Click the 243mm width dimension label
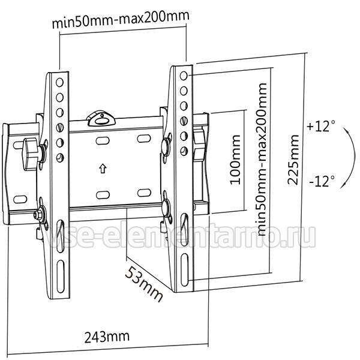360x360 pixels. point(107,337)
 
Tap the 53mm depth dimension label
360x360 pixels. point(144,284)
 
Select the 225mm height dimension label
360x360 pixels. point(293,160)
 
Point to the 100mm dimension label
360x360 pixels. point(235,160)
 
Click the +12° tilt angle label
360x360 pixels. point(321,126)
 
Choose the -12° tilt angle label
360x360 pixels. point(322,181)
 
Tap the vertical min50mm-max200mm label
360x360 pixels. point(262,160)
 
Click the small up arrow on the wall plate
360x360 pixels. point(103,168)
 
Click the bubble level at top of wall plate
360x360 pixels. point(101,119)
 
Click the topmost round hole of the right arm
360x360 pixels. point(184,76)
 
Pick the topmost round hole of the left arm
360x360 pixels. point(59,82)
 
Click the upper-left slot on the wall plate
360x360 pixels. point(103,140)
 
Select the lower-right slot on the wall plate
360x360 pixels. point(144,193)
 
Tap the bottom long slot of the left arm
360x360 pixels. point(61,277)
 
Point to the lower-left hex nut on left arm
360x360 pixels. point(37,214)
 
